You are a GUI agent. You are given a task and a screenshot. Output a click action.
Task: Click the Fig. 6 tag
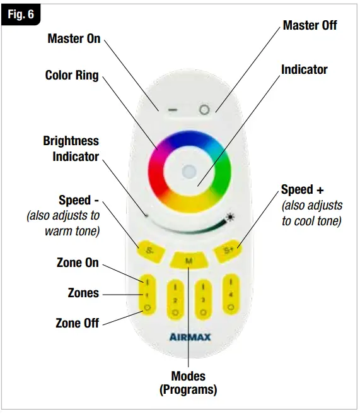pyautogui.click(x=21, y=15)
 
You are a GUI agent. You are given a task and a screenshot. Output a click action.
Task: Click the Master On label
pyautogui.click(x=74, y=38)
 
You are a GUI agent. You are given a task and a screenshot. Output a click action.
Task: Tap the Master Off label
pyautogui.click(x=310, y=25)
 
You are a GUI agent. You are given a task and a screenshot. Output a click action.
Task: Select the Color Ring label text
pyautogui.click(x=72, y=75)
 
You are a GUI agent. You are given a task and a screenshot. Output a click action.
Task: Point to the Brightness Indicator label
pyautogui.click(x=71, y=148)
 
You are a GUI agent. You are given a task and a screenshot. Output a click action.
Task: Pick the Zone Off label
pyautogui.click(x=77, y=323)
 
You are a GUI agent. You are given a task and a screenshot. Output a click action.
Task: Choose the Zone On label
pyautogui.click(x=77, y=263)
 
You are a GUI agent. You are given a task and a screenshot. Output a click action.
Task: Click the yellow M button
pyautogui.click(x=189, y=259)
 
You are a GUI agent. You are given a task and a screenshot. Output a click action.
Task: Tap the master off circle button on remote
pyautogui.click(x=204, y=109)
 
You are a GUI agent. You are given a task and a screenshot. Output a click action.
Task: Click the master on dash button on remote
pyautogui.click(x=173, y=109)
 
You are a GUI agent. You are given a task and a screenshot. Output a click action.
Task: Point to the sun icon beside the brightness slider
pyautogui.click(x=229, y=218)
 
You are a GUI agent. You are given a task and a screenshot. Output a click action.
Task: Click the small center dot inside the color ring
pyautogui.click(x=189, y=170)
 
